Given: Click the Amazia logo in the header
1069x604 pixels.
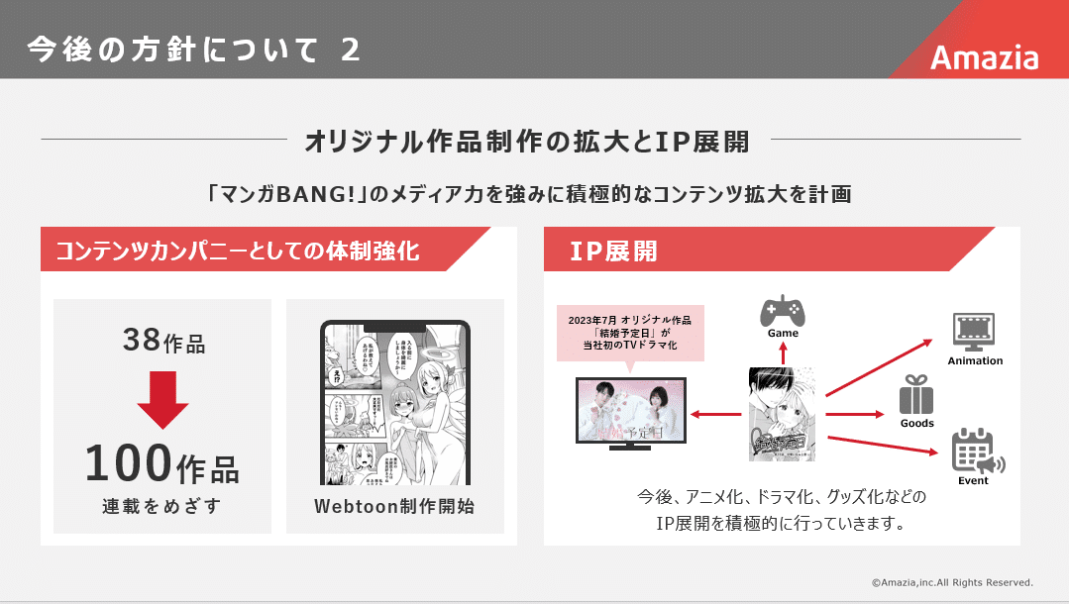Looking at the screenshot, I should click(984, 57).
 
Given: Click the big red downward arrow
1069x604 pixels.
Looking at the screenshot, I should click(162, 398).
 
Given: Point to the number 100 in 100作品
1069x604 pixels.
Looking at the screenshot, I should click(128, 463).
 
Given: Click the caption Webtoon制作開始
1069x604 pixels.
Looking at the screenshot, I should click(394, 506).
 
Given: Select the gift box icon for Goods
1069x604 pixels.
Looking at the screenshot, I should click(916, 396).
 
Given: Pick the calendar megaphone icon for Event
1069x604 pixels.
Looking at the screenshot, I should click(976, 452).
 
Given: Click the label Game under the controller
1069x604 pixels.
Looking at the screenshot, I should click(783, 334).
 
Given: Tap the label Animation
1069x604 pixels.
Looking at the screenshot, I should click(975, 361).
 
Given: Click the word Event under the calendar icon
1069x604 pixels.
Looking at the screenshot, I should click(973, 481).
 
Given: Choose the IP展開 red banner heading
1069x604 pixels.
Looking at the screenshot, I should click(613, 251).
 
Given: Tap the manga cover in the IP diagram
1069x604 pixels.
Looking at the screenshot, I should click(782, 413).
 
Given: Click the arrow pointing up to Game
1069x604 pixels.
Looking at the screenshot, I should click(783, 353).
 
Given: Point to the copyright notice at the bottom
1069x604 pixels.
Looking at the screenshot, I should click(951, 582).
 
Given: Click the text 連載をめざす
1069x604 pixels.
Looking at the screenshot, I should click(161, 506).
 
